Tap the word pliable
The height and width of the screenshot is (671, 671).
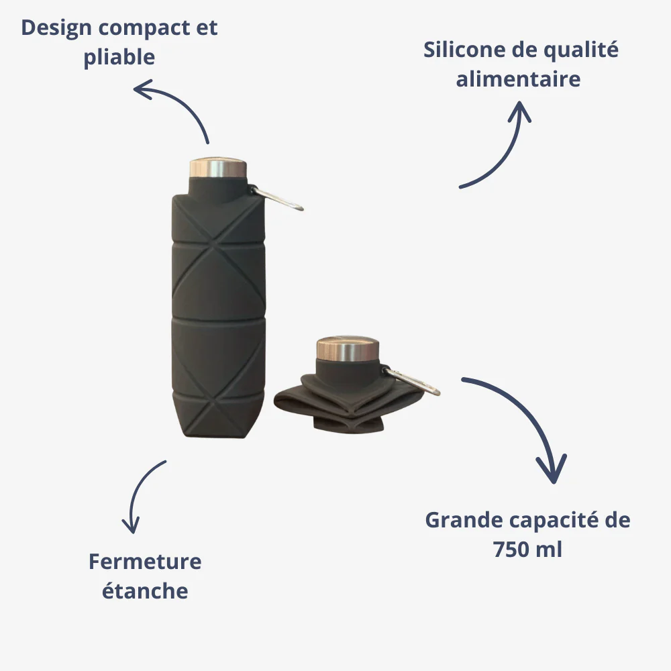pos(119,57)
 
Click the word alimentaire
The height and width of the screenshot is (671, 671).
pos(518,79)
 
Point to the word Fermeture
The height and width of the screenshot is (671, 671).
pos(145,562)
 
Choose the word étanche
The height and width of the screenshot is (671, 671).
pos(145,591)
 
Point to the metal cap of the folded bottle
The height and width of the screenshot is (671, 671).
pos(348,348)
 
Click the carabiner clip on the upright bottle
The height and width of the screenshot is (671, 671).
pos(277,198)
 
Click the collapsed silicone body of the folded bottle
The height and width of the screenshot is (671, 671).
pos(349,402)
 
